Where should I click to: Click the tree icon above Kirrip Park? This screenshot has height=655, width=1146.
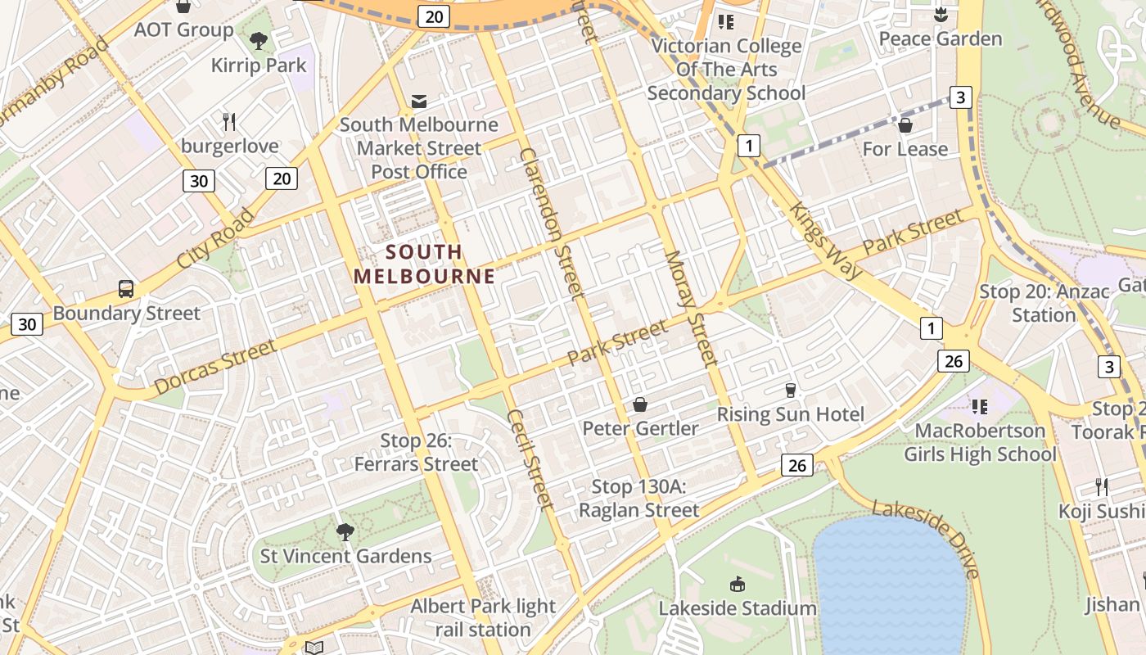pos(259,39)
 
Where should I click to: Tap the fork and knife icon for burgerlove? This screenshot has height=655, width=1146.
pos(230,122)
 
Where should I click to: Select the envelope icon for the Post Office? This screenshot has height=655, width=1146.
pos(419,101)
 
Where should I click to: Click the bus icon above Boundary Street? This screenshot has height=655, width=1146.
pos(126,289)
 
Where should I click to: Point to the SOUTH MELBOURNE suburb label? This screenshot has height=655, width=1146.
pos(424,264)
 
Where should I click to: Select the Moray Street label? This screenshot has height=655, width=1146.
pos(691,308)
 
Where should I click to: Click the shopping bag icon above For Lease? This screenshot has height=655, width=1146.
pos(905,125)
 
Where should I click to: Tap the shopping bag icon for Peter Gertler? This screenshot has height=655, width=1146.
pos(640,404)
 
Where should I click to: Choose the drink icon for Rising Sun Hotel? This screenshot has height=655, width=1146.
pos(790,390)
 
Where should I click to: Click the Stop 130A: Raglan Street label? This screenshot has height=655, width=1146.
pos(638,499)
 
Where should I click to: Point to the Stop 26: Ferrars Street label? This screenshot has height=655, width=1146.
pos(416,453)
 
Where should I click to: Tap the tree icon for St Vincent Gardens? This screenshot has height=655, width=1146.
pos(345,532)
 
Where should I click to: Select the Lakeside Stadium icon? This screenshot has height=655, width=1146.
pos(738,584)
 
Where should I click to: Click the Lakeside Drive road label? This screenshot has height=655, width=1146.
pos(927,539)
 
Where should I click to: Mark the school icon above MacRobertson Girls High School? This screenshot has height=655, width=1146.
pos(980,406)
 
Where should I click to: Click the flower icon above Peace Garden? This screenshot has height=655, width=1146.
pos(940,15)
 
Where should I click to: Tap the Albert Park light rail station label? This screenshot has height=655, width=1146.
pos(483,618)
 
